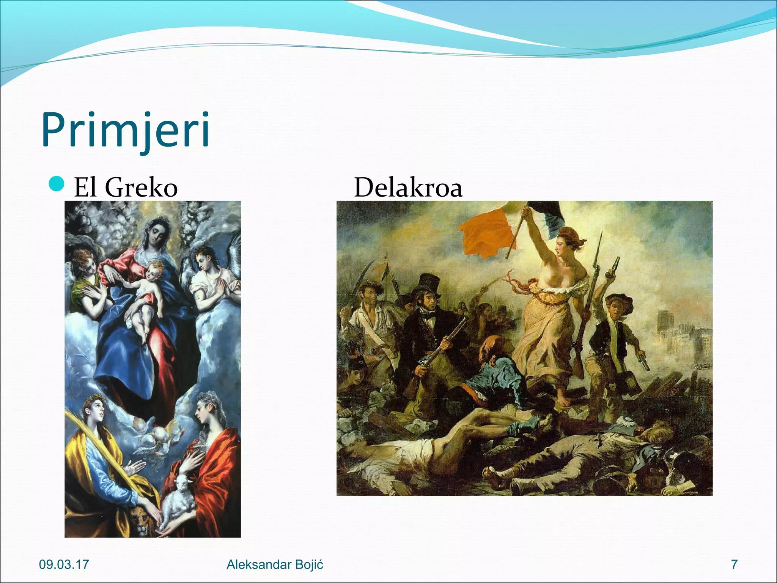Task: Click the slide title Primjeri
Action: (x=125, y=129)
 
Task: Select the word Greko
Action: (x=141, y=188)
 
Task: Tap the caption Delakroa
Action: (x=408, y=188)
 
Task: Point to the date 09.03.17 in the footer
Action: (x=64, y=564)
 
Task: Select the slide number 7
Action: (x=735, y=564)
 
